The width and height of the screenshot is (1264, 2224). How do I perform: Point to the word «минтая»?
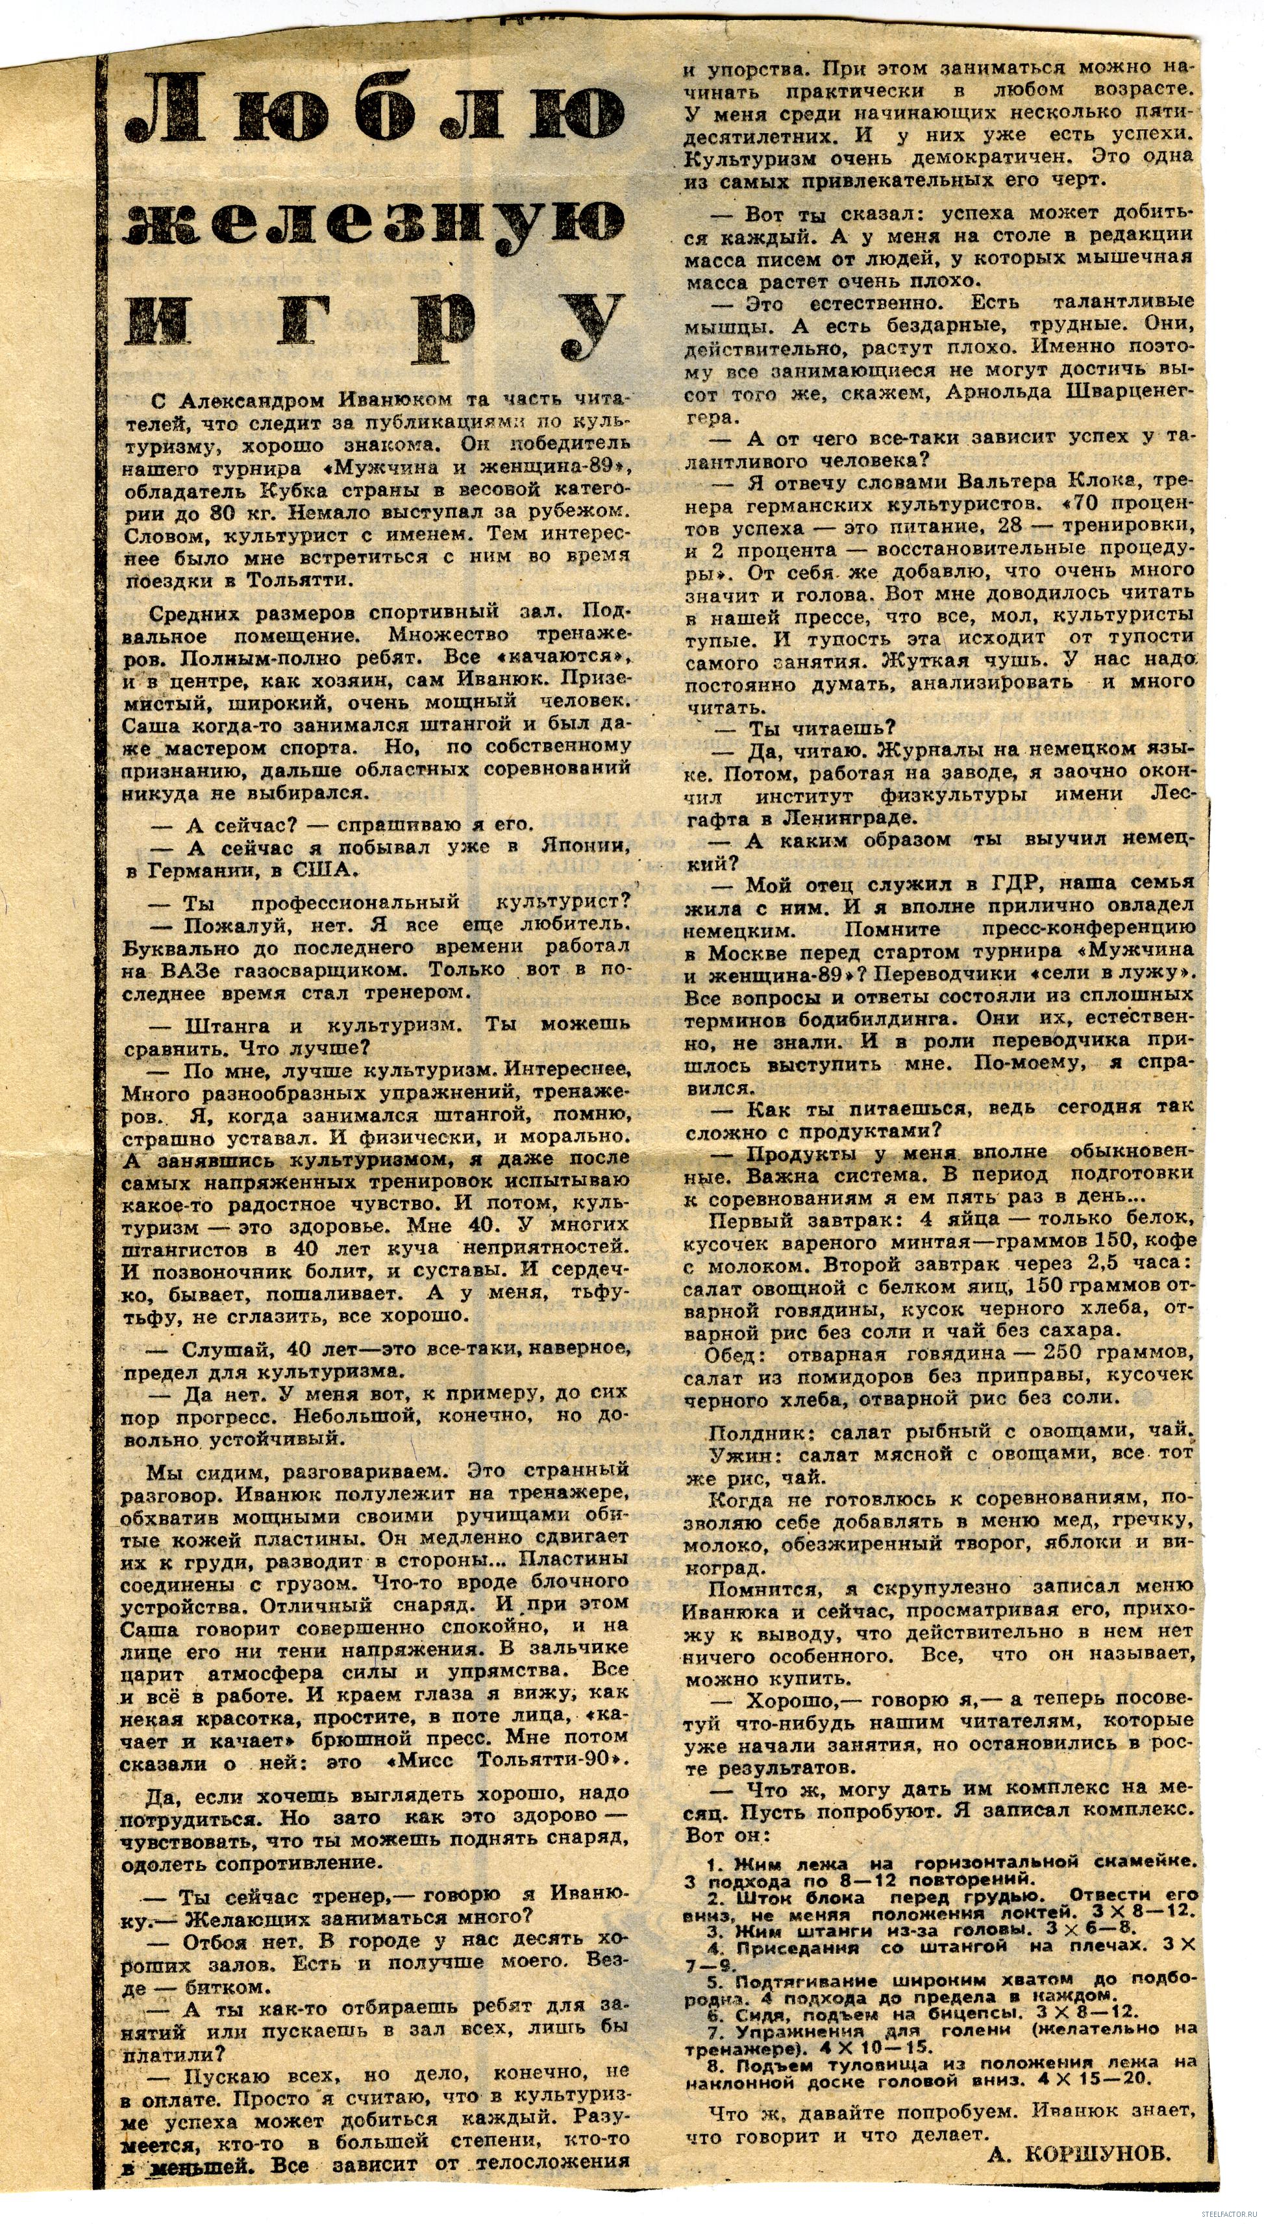click(x=881, y=1241)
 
